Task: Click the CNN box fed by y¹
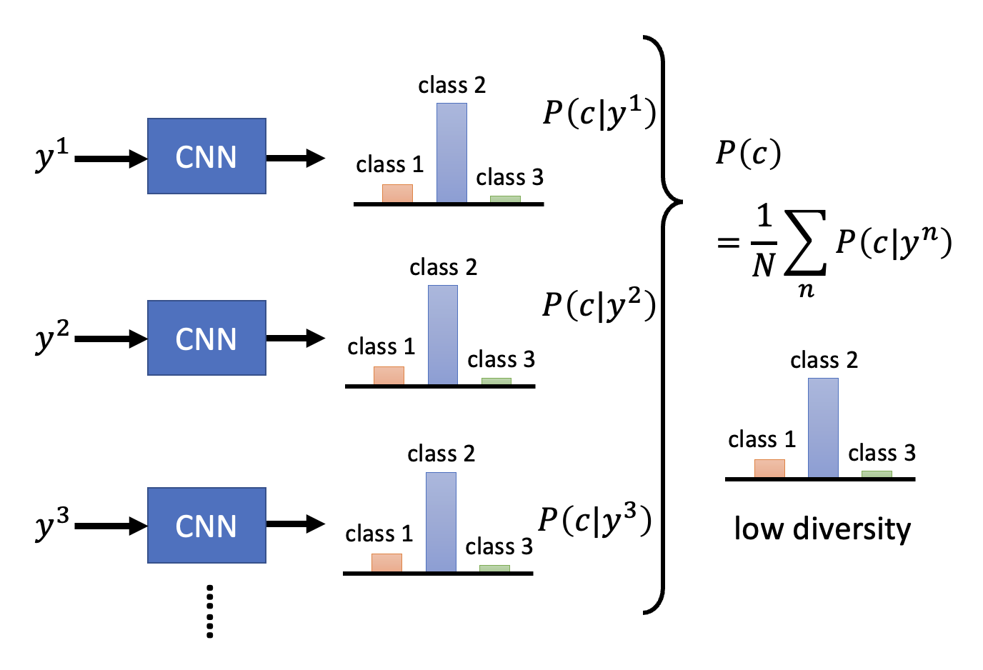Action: tap(206, 156)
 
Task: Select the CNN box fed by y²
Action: tap(206, 338)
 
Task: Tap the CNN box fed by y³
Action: tap(206, 526)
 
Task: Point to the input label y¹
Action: tap(52, 154)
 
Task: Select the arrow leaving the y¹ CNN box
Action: tap(295, 158)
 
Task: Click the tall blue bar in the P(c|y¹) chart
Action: tap(451, 153)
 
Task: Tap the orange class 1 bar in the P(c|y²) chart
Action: tap(389, 376)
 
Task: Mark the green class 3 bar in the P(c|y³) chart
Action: tap(494, 569)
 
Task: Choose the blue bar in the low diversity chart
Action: tap(823, 427)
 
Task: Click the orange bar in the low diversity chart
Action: tap(769, 468)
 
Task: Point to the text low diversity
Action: tap(822, 529)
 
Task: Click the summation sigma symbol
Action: tap(806, 243)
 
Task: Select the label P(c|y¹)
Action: tap(599, 112)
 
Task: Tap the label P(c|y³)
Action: tap(594, 519)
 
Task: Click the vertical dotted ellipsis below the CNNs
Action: tap(209, 611)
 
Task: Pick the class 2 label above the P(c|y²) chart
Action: tap(443, 267)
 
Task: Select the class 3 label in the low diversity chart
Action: tap(882, 453)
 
